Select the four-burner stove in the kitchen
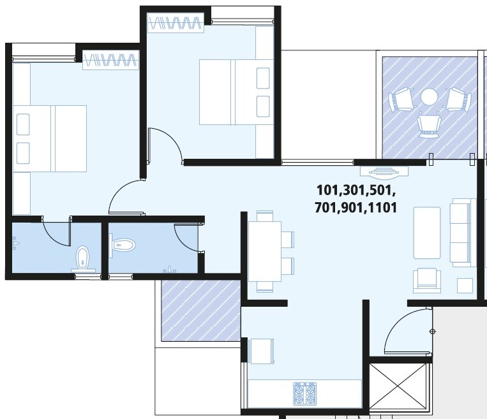tap(304, 393)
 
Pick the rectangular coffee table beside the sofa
tap(426, 232)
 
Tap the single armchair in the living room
tap(426, 279)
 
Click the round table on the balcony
tap(429, 98)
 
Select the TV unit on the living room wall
tap(384, 171)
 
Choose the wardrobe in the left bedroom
tap(110, 61)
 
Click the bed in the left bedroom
tap(49, 138)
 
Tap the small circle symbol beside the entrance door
tap(433, 331)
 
